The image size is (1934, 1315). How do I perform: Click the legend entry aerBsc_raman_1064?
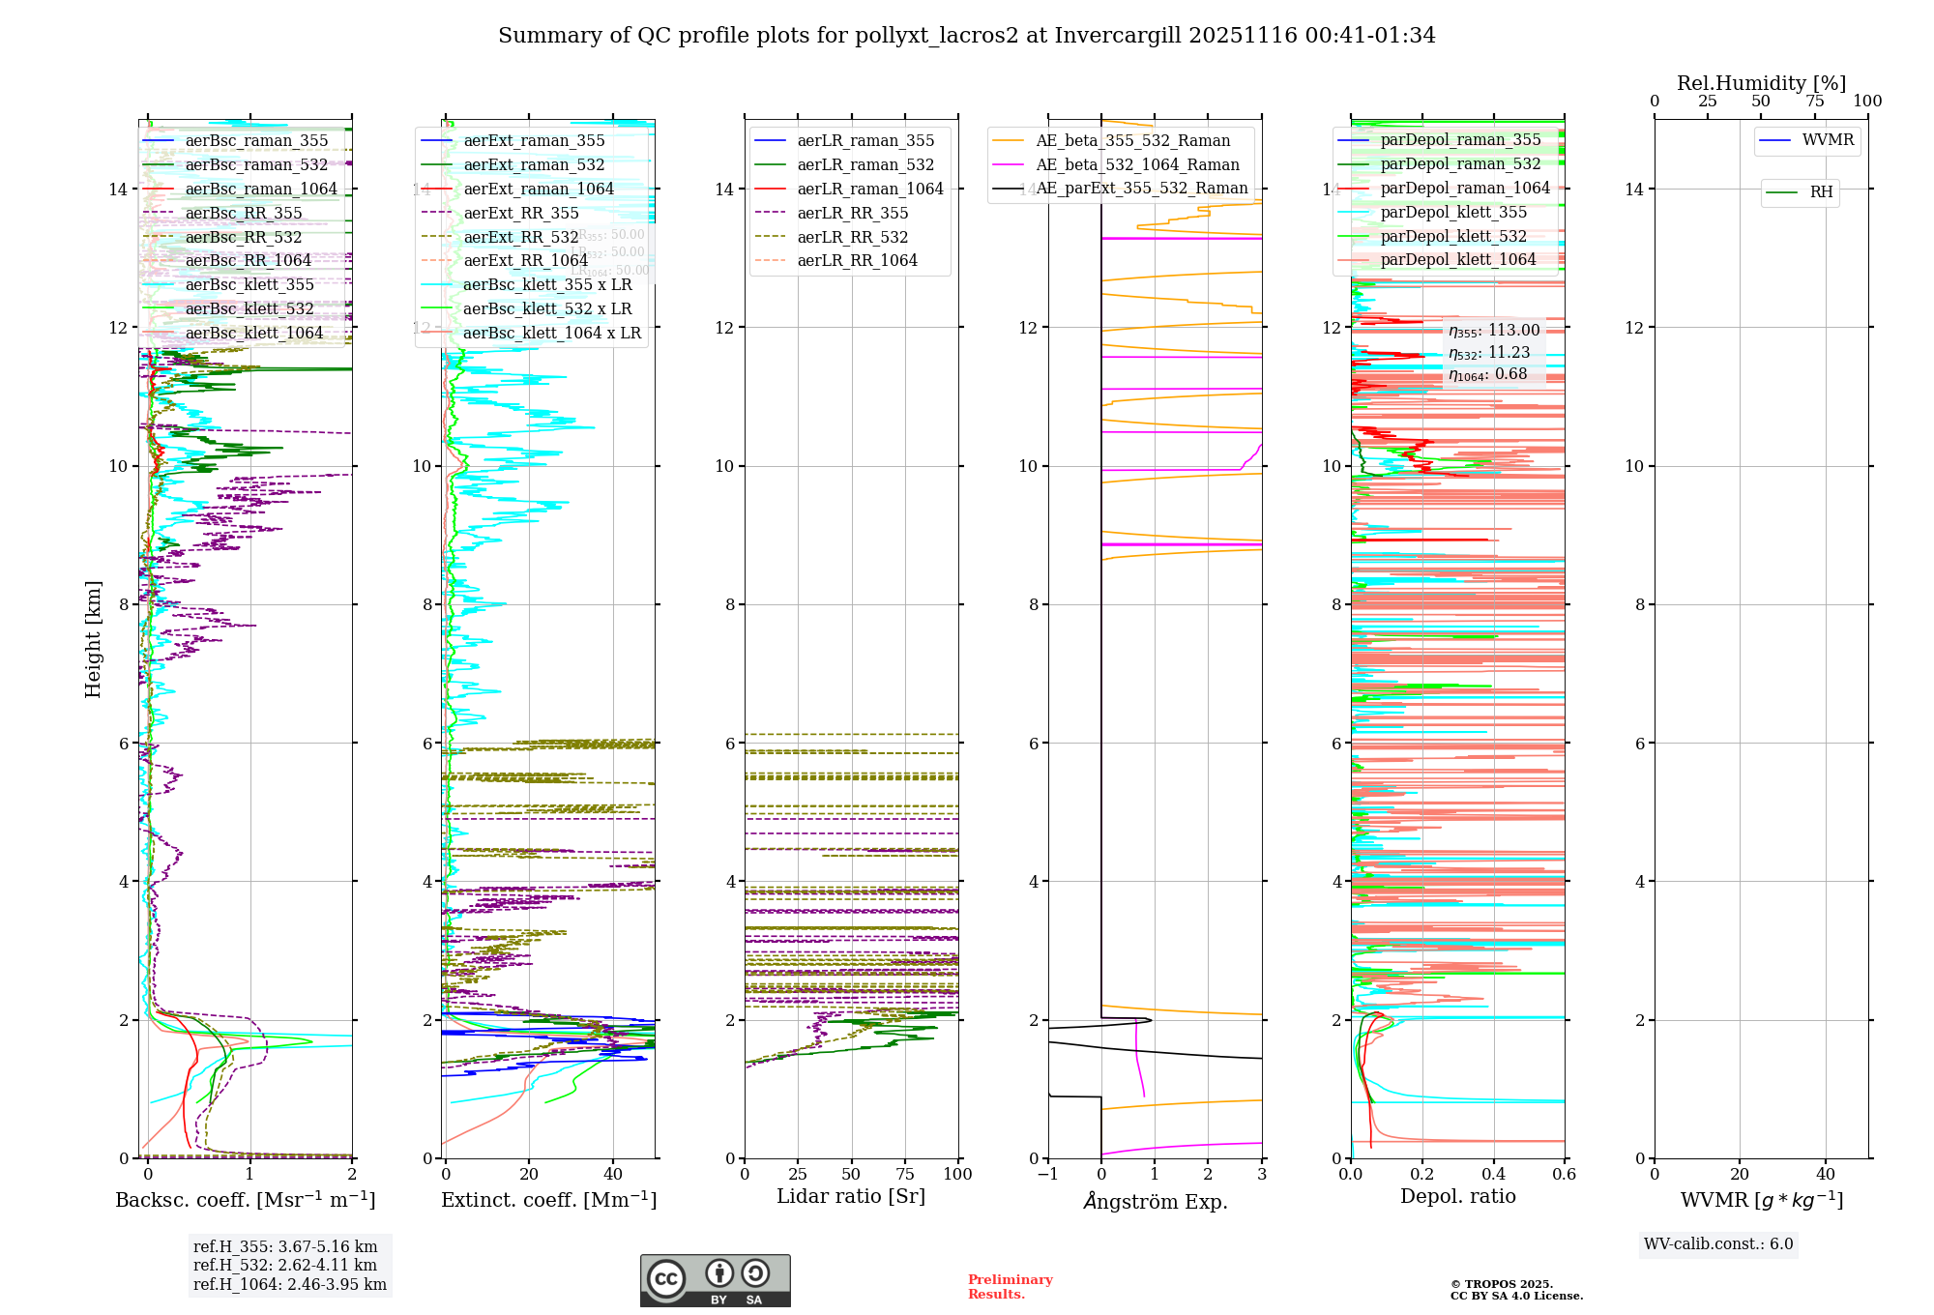(261, 189)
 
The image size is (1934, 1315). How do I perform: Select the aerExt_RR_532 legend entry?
(520, 237)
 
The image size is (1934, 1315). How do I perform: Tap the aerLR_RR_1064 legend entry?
(857, 260)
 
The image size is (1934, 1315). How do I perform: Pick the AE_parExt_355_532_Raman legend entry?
(1141, 189)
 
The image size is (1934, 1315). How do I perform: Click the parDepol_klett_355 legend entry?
(1453, 212)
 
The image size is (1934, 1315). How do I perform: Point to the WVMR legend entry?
(1828, 140)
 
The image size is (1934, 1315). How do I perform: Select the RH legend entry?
(1821, 192)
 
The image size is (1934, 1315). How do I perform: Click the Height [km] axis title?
(93, 639)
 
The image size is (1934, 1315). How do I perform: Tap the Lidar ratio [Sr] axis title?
(851, 1196)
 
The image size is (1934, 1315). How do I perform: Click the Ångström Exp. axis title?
(1156, 1202)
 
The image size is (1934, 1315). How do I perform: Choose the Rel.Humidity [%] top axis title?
(1761, 83)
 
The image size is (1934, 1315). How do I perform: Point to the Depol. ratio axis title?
(1457, 1196)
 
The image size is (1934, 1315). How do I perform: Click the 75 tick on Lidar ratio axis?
(905, 1174)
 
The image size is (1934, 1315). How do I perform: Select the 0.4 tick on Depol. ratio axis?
(1493, 1174)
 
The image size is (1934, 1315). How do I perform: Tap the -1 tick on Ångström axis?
(1047, 1174)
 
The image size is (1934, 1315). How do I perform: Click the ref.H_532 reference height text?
(285, 1265)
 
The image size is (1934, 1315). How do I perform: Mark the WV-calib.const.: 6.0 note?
(1718, 1244)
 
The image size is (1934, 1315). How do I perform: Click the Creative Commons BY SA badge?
(715, 1280)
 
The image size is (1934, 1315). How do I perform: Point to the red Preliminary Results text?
(1010, 1287)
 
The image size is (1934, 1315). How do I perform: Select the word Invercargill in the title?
(1118, 36)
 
